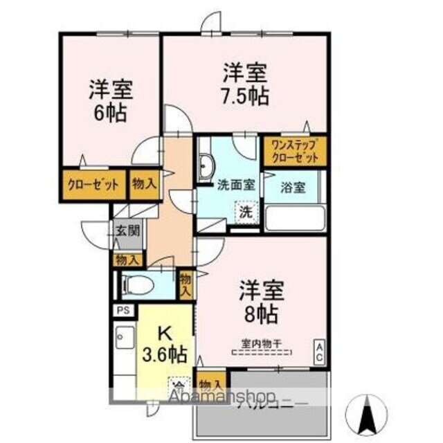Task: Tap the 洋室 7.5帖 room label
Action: pos(246,84)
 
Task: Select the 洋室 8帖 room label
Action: pos(260,302)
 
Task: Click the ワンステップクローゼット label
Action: pos(294,152)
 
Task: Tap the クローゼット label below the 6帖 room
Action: pos(93,185)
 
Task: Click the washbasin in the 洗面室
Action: pos(206,166)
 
